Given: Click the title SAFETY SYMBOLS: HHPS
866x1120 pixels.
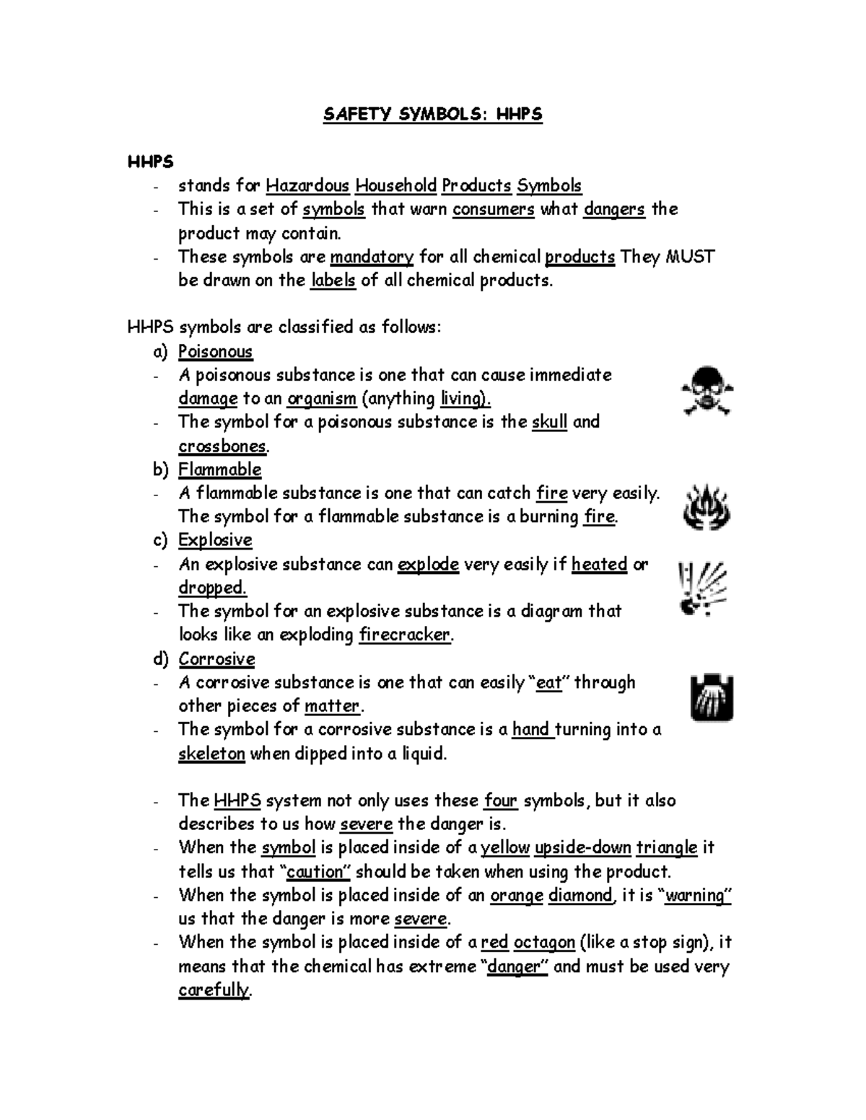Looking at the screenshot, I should (432, 114).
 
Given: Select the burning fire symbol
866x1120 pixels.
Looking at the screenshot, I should (707, 507).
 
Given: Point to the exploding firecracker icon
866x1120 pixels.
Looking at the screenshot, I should (701, 588).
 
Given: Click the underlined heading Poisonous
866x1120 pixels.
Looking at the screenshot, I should (215, 352).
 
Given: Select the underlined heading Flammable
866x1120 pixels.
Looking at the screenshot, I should (219, 469).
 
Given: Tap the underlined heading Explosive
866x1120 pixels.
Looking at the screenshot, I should (215, 540).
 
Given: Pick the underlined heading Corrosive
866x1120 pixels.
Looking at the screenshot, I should (216, 659).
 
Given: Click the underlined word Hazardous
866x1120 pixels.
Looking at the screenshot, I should (308, 186).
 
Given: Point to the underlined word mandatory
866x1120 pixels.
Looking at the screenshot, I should (372, 257).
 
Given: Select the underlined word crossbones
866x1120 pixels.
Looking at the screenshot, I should (223, 446).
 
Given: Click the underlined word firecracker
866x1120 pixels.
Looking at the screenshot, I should (405, 635).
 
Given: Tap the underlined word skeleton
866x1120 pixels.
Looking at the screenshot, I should (211, 754).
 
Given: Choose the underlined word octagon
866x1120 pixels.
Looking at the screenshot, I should (544, 943).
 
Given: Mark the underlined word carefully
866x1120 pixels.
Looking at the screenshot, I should (213, 990).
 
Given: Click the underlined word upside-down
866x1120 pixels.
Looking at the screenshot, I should (583, 847).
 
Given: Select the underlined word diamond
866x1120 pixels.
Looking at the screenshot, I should (580, 896).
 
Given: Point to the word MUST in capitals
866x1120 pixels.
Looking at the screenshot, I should (689, 257).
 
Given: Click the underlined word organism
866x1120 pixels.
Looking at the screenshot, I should (322, 399).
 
